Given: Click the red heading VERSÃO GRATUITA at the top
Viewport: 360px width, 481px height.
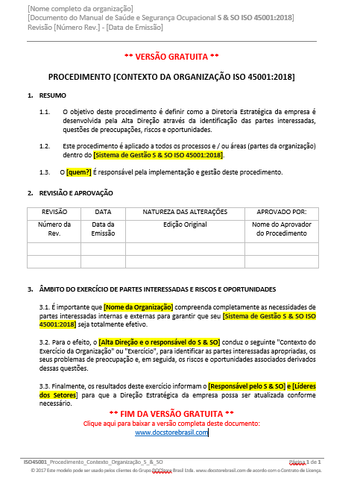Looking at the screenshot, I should coord(171,57).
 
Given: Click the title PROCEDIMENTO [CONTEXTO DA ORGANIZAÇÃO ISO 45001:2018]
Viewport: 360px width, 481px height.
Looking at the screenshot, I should coord(171,77).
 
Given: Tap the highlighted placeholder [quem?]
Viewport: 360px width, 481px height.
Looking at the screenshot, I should coord(80,172).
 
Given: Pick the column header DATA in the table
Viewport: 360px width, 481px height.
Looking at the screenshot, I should coord(104,212).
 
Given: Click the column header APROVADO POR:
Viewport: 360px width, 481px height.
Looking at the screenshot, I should coord(280,212).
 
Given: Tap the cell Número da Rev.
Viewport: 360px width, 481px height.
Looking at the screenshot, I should coord(54,228).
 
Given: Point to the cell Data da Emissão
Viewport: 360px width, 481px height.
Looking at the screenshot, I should coord(104,228).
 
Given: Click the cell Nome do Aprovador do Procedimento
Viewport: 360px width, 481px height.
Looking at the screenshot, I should coord(280,228).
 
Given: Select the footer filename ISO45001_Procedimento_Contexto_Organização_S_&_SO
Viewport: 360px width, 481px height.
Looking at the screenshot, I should coord(93,462).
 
